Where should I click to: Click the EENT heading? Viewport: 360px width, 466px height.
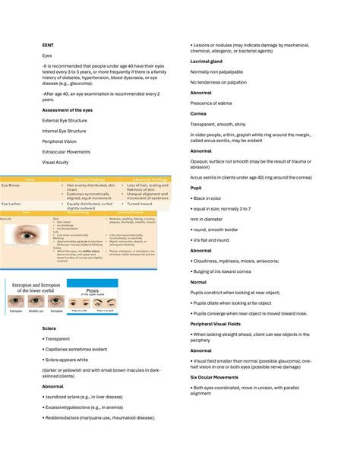[47, 44]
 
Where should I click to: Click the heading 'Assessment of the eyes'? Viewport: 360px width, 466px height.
[69, 109]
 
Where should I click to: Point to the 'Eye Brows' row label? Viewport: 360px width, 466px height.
[11, 185]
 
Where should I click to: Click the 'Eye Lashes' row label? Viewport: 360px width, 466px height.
[11, 204]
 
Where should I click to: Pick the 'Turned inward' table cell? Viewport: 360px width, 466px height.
[141, 204]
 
